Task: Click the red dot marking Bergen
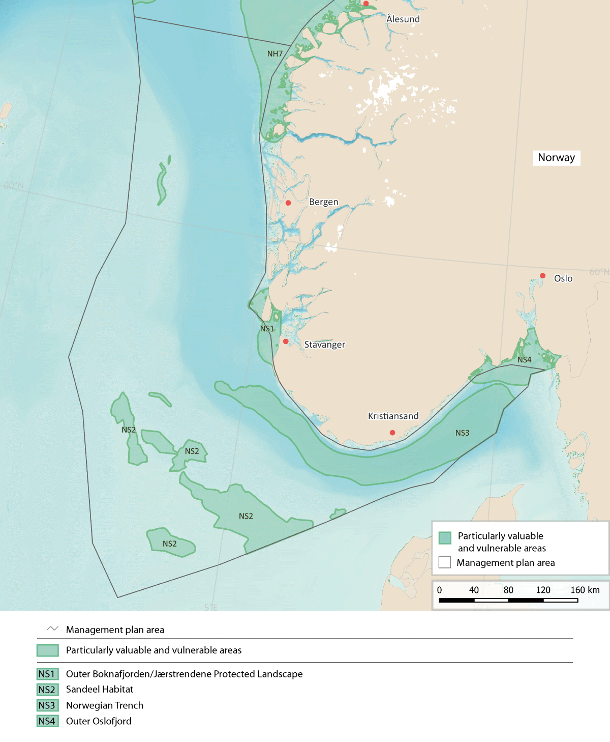(288, 203)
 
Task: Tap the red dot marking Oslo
(542, 276)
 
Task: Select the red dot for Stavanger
(286, 341)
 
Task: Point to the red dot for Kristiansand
(392, 433)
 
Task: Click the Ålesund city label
(403, 19)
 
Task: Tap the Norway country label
(556, 158)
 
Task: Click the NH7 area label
(275, 54)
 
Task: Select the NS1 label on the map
(267, 329)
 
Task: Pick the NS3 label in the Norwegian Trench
(462, 433)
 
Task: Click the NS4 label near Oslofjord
(524, 360)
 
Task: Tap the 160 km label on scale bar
(585, 590)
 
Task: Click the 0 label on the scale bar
(440, 590)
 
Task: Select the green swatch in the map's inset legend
(445, 537)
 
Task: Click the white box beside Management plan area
(445, 562)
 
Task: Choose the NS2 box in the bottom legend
(47, 690)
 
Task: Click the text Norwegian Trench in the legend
(105, 705)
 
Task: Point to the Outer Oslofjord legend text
(99, 721)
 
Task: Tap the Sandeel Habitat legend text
(100, 690)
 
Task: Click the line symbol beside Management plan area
(52, 629)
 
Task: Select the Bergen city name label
(323, 202)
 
